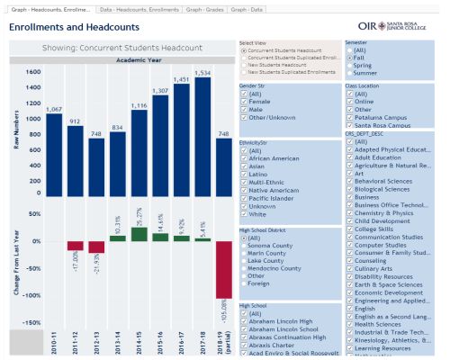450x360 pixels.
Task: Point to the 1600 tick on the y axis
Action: (33, 73)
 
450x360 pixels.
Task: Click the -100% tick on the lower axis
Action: (31, 295)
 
